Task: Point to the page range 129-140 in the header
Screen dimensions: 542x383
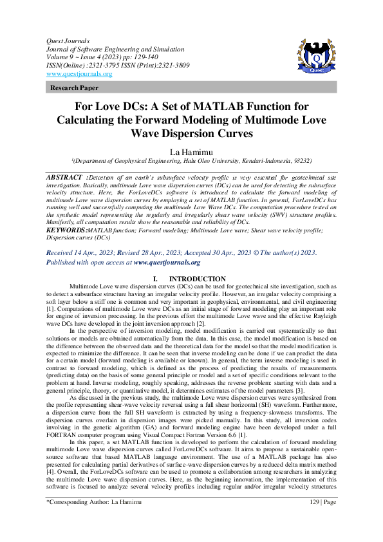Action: pos(135,57)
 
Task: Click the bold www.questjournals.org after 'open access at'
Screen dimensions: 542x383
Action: pos(167,263)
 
